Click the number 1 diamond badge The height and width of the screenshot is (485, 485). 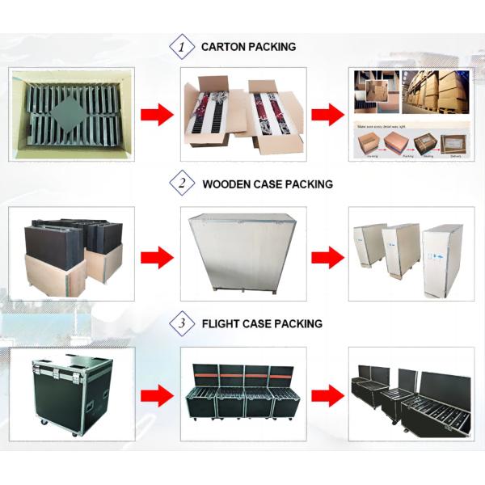181,47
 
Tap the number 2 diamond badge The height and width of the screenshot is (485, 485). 181,184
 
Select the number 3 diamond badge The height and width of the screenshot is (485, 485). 181,324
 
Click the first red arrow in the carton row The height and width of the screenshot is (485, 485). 157,114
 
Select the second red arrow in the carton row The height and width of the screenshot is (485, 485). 327,114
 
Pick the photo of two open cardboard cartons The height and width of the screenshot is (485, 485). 242,114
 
